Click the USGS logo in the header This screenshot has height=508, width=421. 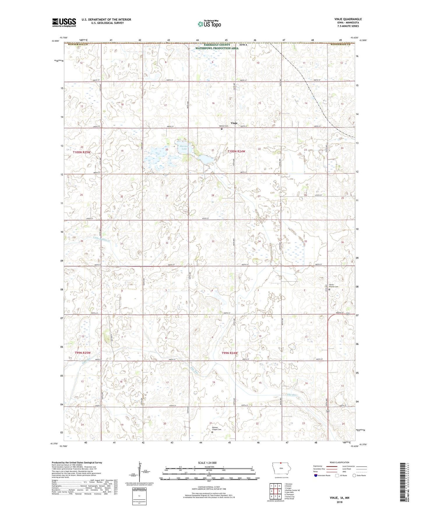[x=64, y=22]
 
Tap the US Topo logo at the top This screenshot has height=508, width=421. [x=209, y=24]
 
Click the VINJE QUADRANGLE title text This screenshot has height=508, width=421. [x=348, y=19]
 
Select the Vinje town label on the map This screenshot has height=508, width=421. [x=234, y=123]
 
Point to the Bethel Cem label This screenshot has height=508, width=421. [x=224, y=126]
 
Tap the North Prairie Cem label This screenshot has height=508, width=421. [x=334, y=286]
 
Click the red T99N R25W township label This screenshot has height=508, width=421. [x=83, y=353]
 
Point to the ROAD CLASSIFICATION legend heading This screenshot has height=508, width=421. [x=339, y=462]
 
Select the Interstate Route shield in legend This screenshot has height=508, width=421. [x=316, y=475]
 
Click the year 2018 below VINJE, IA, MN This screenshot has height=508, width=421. [x=339, y=502]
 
